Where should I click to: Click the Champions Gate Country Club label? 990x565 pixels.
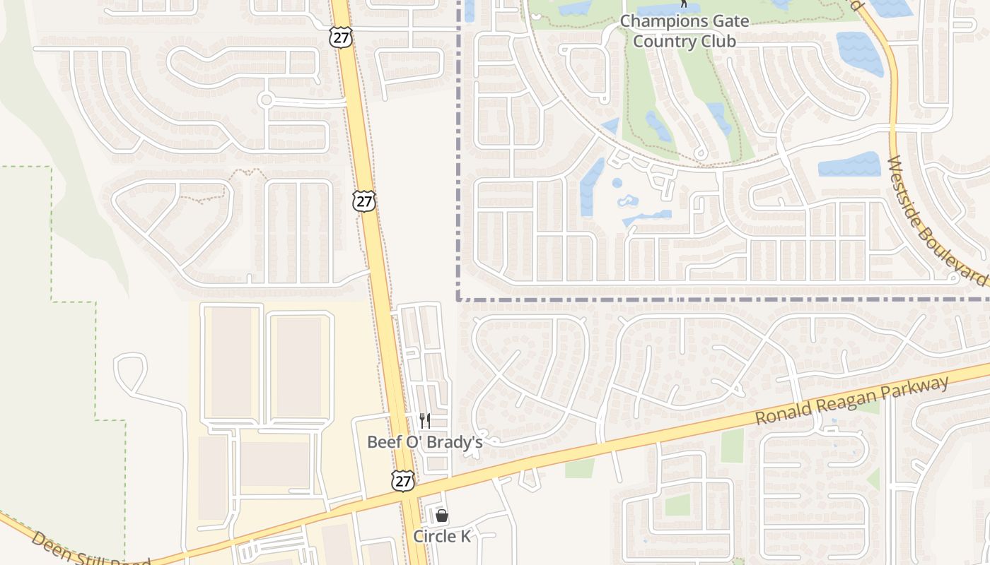[x=684, y=31]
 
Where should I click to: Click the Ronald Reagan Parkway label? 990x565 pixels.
[x=851, y=402]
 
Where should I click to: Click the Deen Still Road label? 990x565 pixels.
[x=90, y=549]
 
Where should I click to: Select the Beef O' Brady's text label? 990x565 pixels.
[x=424, y=442]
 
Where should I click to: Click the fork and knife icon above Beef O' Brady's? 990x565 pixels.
[x=425, y=421]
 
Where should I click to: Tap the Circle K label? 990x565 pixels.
[x=442, y=536]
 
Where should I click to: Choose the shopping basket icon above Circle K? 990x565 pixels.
[x=442, y=516]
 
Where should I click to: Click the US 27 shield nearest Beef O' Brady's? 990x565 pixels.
[x=402, y=482]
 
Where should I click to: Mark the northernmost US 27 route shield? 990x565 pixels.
[x=341, y=37]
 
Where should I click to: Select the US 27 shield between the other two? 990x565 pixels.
[x=363, y=201]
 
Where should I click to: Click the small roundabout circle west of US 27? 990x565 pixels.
[x=266, y=100]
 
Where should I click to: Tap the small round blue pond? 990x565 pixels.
[x=617, y=183]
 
